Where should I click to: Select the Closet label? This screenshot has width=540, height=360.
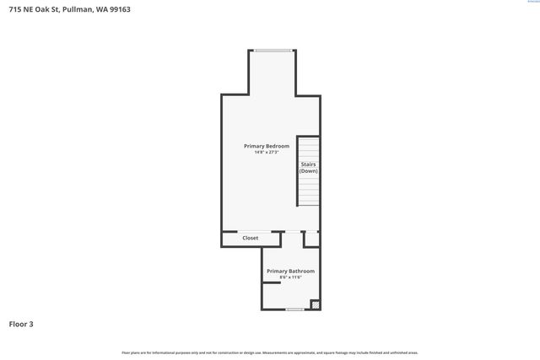[x=251, y=239]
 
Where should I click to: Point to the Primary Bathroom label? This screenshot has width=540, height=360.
[x=290, y=271]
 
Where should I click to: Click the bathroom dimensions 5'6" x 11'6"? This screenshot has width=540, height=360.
[x=290, y=277]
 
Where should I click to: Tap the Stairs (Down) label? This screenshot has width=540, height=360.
[x=309, y=168]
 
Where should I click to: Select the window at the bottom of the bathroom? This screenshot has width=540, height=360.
[x=294, y=309]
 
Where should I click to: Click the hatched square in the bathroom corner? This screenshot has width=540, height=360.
[x=316, y=304]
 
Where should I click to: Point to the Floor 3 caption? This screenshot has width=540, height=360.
[x=21, y=324]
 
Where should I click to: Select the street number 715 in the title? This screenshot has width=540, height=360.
[x=14, y=9]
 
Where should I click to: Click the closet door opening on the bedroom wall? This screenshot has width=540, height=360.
[x=254, y=231]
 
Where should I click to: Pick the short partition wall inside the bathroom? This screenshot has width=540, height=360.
[x=271, y=283]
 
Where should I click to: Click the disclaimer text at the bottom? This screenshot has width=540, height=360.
[x=270, y=352]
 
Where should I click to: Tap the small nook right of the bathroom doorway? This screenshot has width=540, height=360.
[x=311, y=239]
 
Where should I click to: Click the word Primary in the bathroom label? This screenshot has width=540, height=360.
[x=278, y=271]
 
